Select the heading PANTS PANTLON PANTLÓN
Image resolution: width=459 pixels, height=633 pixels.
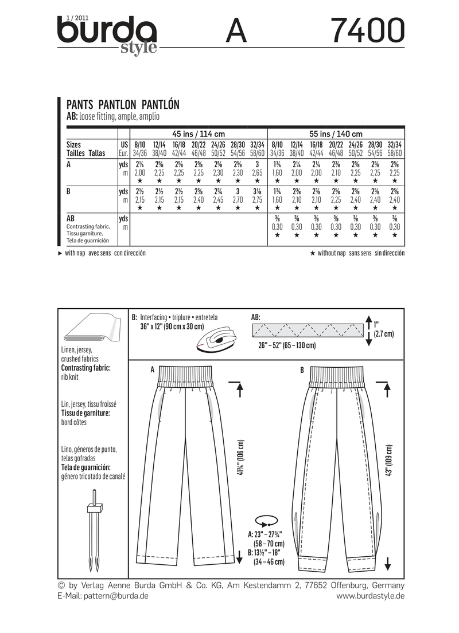pos(123,104)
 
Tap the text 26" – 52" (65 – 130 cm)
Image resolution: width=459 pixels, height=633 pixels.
pos(287,347)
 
